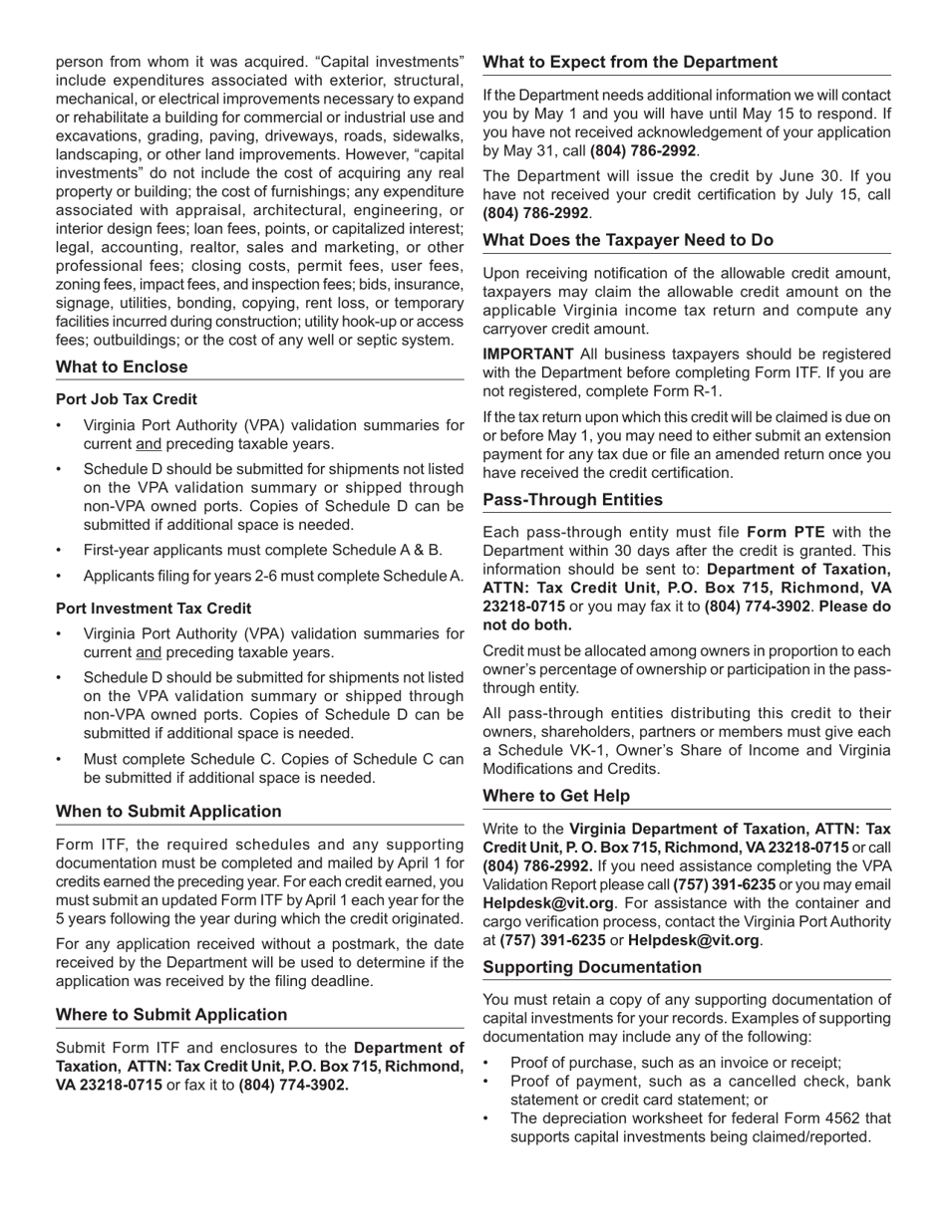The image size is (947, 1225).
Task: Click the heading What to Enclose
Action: click(x=122, y=367)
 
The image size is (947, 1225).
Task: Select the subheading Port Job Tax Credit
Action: click(x=126, y=399)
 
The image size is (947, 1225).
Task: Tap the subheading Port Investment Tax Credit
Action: click(x=153, y=609)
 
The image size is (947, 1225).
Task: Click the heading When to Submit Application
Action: click(x=168, y=812)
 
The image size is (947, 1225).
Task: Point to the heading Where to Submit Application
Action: click(x=171, y=1015)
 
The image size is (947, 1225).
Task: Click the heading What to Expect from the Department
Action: click(x=630, y=63)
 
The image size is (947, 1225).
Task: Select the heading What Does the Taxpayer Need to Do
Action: click(x=628, y=240)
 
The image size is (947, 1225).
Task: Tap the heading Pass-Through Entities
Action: click(x=572, y=500)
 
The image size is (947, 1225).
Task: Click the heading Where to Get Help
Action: click(x=556, y=796)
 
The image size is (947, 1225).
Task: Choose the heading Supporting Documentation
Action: click(x=592, y=967)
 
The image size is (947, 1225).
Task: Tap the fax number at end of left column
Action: click(x=294, y=1086)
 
